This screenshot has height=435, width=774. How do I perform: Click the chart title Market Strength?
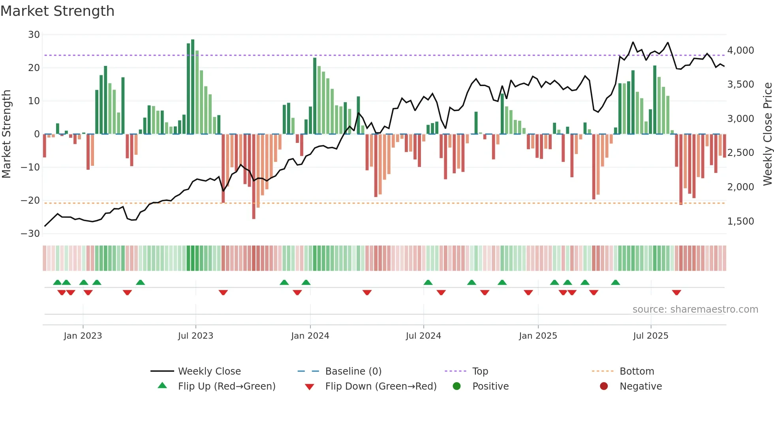pos(57,11)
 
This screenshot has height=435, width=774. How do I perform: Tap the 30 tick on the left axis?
pos(34,35)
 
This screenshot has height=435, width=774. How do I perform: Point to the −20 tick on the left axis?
pos(30,201)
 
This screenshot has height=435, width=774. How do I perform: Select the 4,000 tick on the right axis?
pos(740,51)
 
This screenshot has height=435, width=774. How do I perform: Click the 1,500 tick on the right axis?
pos(740,221)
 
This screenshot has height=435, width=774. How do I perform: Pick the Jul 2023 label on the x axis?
pos(195,336)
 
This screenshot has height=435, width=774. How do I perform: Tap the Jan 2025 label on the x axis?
pos(538,336)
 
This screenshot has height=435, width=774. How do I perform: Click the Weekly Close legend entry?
pos(209,371)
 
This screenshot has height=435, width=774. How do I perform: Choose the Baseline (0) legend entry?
pos(353,371)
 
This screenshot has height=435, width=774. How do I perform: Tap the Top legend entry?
pos(480,371)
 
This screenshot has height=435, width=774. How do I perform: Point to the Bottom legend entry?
pos(637,371)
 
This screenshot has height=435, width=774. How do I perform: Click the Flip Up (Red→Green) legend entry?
pos(227,386)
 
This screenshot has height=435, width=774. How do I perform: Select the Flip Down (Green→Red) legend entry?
pos(381,386)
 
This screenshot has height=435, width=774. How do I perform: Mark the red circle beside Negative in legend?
pos(604,386)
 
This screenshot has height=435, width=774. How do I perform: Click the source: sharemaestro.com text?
pos(695,309)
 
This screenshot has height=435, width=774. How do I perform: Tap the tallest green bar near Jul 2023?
pos(193,87)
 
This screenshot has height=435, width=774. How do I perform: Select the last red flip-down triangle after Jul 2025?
pos(676,292)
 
